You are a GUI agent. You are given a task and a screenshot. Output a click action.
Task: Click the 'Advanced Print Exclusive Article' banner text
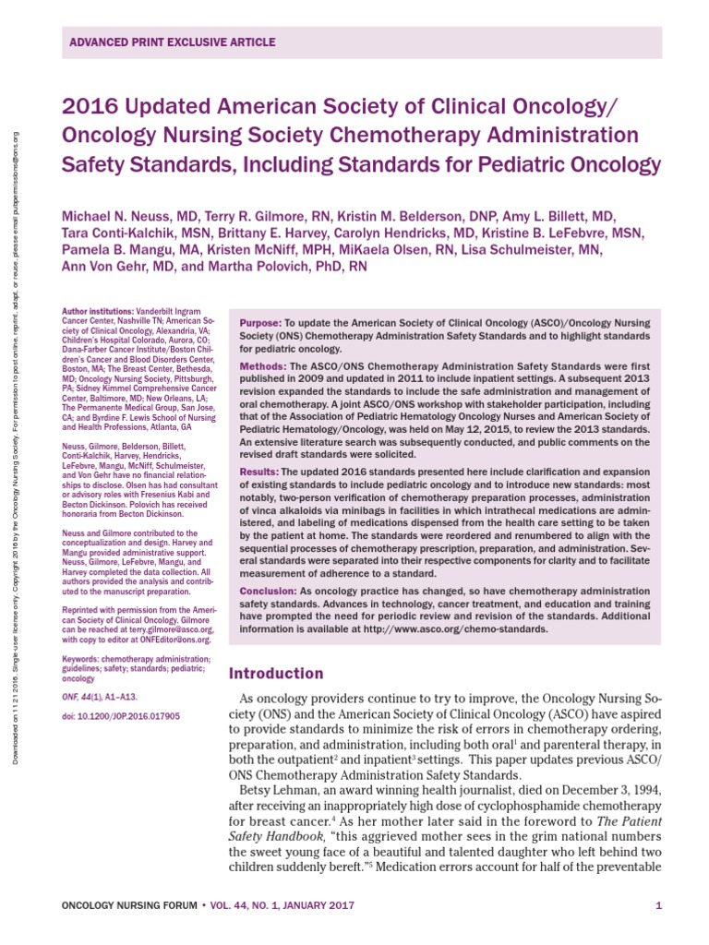coord(173,43)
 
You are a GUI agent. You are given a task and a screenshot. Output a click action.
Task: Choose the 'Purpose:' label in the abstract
coord(260,322)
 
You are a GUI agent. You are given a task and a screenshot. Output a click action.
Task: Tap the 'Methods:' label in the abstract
coord(262,366)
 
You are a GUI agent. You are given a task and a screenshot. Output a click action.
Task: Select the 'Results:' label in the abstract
coord(260,472)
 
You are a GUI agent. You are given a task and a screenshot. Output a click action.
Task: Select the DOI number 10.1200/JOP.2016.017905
coord(129,715)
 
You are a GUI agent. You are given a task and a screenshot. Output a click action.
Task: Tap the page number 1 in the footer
coord(658,905)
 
